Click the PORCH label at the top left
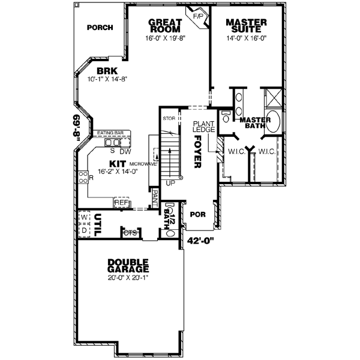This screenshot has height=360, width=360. tap(100, 28)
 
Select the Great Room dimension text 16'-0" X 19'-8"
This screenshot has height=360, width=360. tap(166, 38)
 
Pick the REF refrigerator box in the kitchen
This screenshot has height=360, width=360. tap(122, 203)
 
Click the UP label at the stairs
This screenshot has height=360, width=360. tap(170, 183)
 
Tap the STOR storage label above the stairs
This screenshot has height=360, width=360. tap(169, 118)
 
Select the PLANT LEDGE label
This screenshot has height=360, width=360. tap(200, 127)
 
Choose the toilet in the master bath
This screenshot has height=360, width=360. tap(226, 113)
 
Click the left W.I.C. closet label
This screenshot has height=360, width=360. tap(235, 152)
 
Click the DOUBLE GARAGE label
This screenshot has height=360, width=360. tap(129, 266)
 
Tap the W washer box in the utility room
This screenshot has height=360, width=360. tap(85, 215)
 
